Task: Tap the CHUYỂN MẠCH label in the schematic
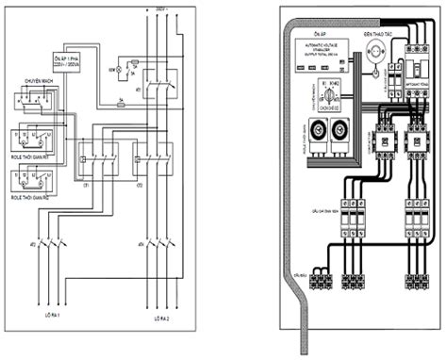tap(32, 83)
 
